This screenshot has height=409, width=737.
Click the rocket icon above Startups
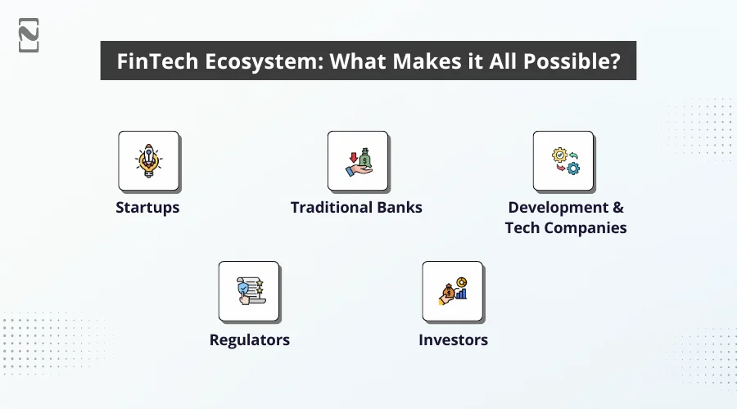click(x=148, y=161)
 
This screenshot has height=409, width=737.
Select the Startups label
click(x=147, y=208)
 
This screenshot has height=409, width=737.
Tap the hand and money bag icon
click(x=357, y=161)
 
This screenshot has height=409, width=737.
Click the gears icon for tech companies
click(x=563, y=161)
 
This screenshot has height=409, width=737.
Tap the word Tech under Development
click(x=522, y=228)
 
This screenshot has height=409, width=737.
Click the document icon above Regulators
click(x=249, y=292)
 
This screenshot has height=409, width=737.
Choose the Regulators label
click(x=249, y=339)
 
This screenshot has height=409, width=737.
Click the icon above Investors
click(x=452, y=292)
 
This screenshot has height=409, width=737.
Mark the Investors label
click(x=453, y=339)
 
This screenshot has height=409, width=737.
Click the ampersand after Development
click(x=617, y=208)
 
